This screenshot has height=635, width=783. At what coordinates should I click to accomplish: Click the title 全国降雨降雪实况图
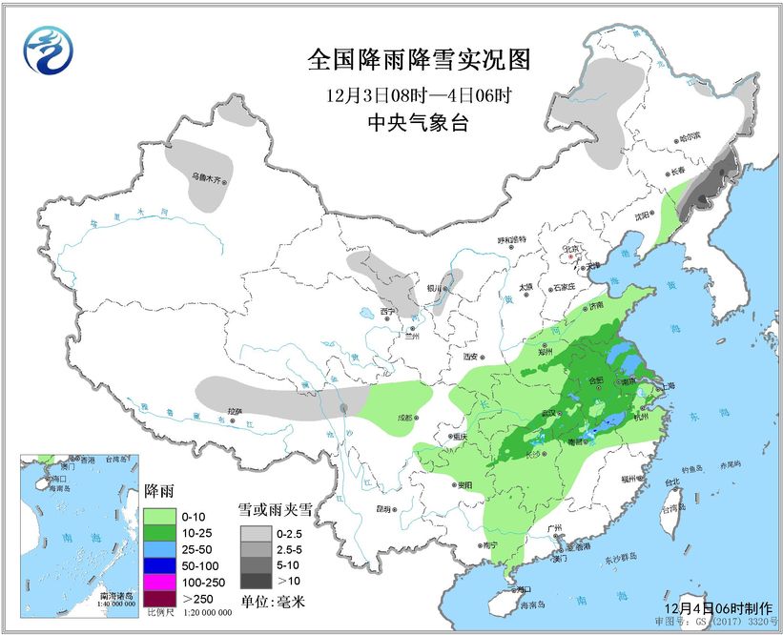(418, 60)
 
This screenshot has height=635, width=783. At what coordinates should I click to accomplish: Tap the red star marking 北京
(571, 256)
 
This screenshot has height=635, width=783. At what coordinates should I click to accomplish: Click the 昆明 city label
(382, 508)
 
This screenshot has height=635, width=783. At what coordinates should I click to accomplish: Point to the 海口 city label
(525, 591)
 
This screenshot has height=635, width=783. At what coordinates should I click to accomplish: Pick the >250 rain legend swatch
(157, 597)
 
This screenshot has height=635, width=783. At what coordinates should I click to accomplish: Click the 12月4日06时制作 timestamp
(711, 607)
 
